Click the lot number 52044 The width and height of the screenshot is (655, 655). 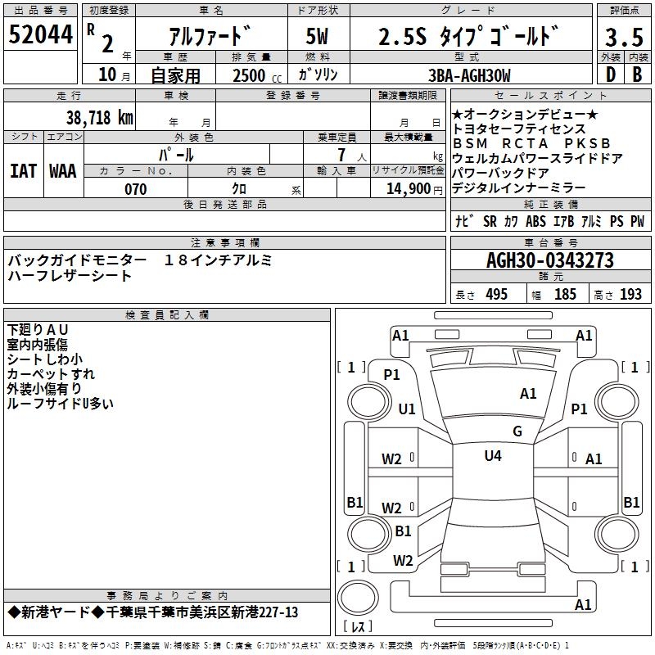coord(40,34)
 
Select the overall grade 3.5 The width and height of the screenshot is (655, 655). coord(624,37)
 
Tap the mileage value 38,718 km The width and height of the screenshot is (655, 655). coord(100,118)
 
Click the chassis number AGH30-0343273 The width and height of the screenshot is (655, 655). coord(550,260)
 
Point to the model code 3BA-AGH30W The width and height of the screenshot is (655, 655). coord(469,75)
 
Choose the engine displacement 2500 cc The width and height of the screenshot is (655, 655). coord(257,75)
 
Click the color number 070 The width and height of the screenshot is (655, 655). coord(136,189)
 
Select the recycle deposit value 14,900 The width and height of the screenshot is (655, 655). coord(409,189)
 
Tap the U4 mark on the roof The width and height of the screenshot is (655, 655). coord(493,455)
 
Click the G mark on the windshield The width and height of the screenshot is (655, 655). coord(517,431)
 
